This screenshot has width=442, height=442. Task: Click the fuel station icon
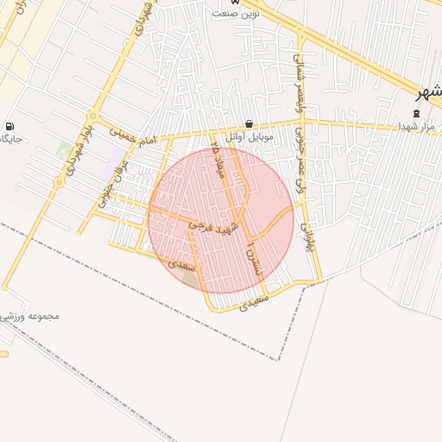point(9,126)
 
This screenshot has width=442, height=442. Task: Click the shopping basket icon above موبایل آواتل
point(249,123)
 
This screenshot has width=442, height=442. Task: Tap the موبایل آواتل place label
point(249,136)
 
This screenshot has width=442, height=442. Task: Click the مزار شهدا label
point(417,126)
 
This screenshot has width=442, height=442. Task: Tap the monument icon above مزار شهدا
point(417,112)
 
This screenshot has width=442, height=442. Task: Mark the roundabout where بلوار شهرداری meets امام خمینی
point(93,118)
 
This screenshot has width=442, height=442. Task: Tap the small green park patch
point(65,150)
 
